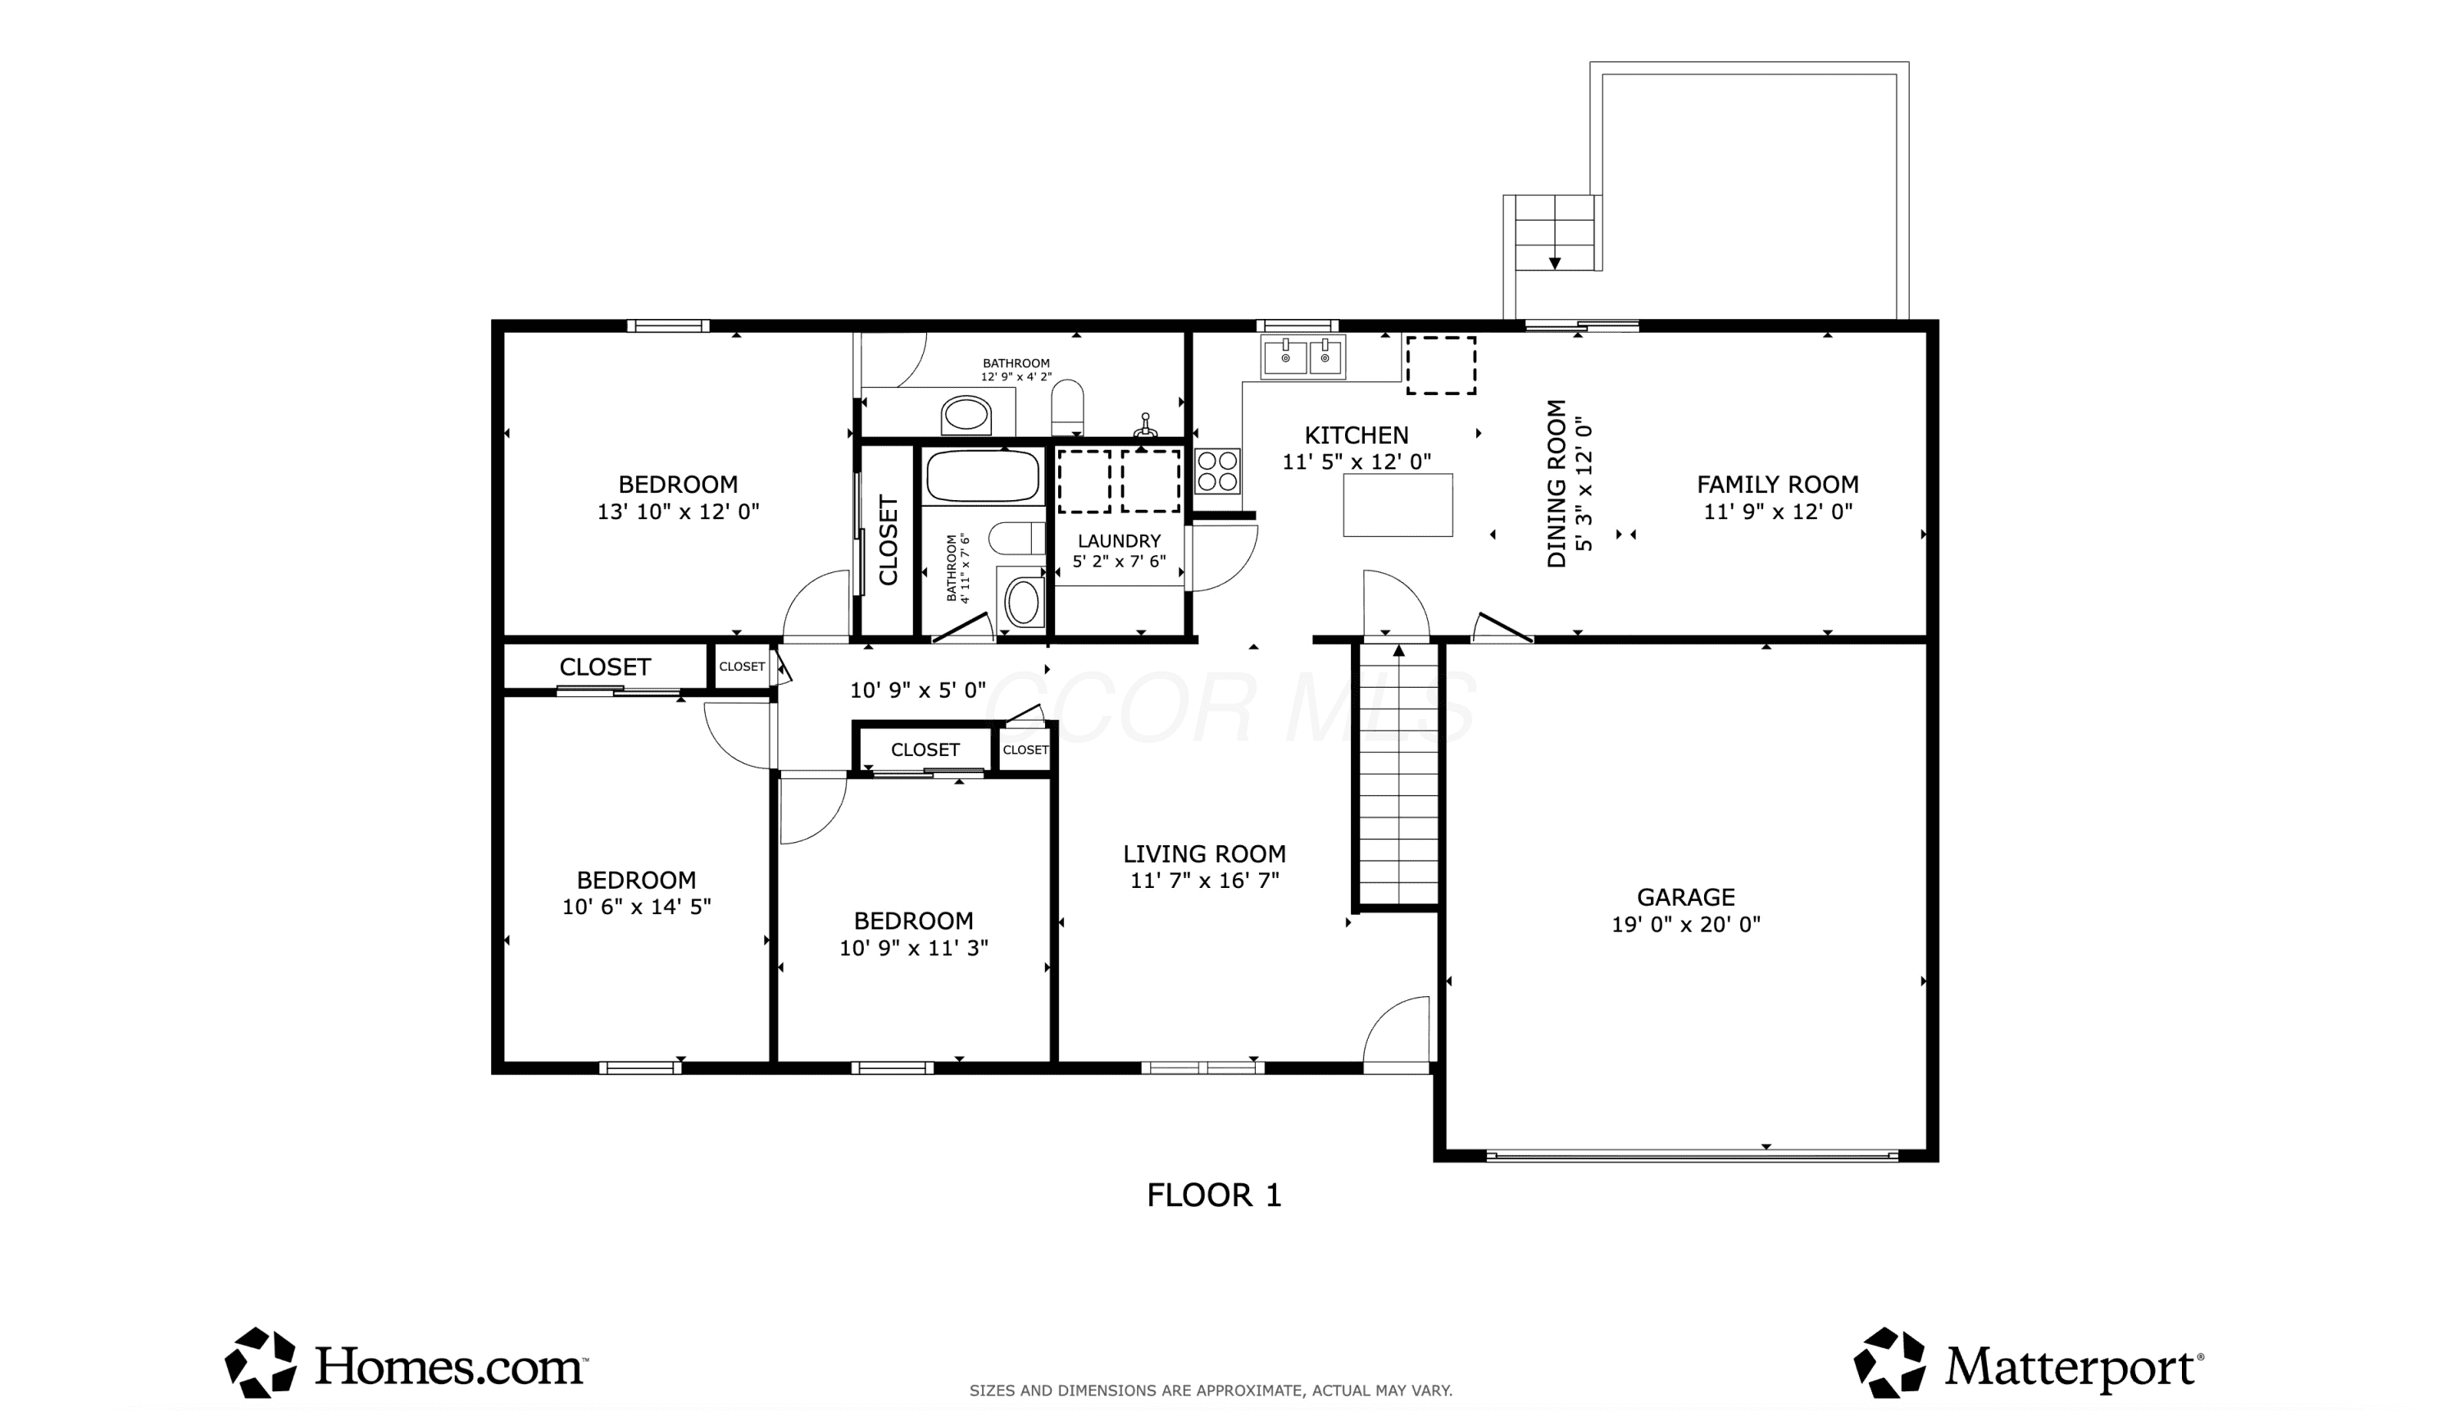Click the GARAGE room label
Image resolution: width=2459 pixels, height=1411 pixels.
point(1686,898)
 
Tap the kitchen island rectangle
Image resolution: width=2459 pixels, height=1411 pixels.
point(1397,505)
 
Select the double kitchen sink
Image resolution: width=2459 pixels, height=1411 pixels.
point(1302,357)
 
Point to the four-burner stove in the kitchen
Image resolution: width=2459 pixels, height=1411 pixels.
point(1217,471)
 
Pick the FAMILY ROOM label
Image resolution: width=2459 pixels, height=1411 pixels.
point(1777,485)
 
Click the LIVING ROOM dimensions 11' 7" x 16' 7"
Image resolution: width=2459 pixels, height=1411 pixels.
point(1204,880)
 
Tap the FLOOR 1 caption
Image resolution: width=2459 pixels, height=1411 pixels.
point(1214,1195)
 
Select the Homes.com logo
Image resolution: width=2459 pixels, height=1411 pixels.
point(407,1363)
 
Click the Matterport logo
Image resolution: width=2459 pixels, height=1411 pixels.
point(2029,1363)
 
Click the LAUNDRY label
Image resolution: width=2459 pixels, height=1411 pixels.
point(1119,541)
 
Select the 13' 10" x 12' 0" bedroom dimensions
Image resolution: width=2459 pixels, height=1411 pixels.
point(678,511)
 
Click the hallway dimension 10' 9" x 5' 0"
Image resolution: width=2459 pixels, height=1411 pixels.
point(917,690)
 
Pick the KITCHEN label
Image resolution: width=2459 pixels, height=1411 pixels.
point(1357,435)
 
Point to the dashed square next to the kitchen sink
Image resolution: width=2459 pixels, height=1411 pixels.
point(1441,366)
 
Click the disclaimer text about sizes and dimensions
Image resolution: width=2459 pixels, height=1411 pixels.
point(1211,1391)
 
